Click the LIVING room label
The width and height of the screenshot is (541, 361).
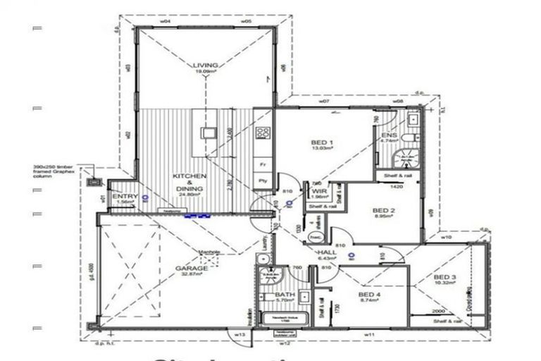(206, 66)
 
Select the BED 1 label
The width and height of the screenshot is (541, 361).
(322, 143)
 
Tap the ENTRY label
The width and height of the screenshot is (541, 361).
(123, 196)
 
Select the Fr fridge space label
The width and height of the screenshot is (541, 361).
(262, 163)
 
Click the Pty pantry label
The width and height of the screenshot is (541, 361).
(262, 180)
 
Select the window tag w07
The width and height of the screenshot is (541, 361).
(323, 102)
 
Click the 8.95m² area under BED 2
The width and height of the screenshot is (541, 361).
(382, 218)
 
